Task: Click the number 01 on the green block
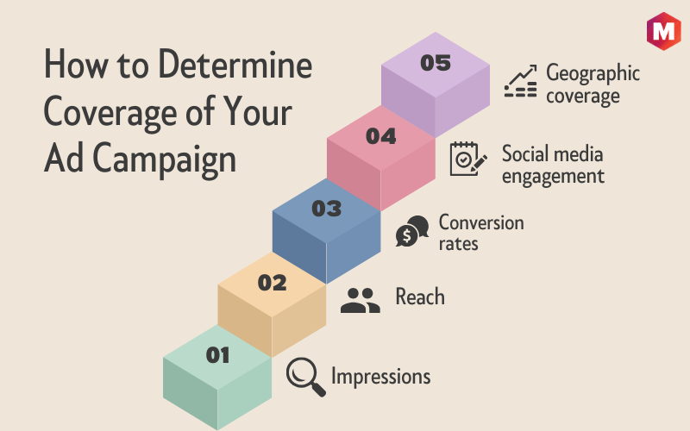pyautogui.click(x=218, y=355)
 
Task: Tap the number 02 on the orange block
pyautogui.click(x=272, y=283)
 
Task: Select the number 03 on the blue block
pyautogui.click(x=327, y=209)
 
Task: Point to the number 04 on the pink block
pyautogui.click(x=381, y=136)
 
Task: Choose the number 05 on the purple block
pyautogui.click(x=436, y=63)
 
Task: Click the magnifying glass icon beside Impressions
pyautogui.click(x=306, y=377)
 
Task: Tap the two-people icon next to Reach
pyautogui.click(x=360, y=300)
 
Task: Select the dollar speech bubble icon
pyautogui.click(x=412, y=231)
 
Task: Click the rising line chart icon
pyautogui.click(x=521, y=81)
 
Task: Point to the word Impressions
pyautogui.click(x=380, y=377)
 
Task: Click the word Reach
pyautogui.click(x=420, y=297)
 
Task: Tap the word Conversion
pyautogui.click(x=481, y=222)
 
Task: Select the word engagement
pyautogui.click(x=553, y=177)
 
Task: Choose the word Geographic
pyautogui.click(x=593, y=73)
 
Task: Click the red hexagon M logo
pyautogui.click(x=663, y=31)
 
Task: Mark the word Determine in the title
pyautogui.click(x=235, y=64)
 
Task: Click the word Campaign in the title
pyautogui.click(x=164, y=159)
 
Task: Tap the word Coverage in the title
pyautogui.click(x=110, y=113)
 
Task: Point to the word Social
pyautogui.click(x=524, y=154)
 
